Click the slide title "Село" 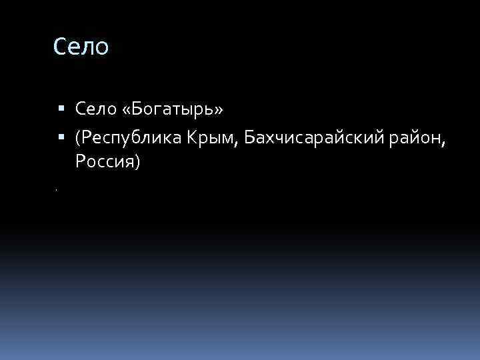(x=81, y=47)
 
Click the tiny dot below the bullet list (x=57, y=191)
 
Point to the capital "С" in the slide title (x=60, y=47)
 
